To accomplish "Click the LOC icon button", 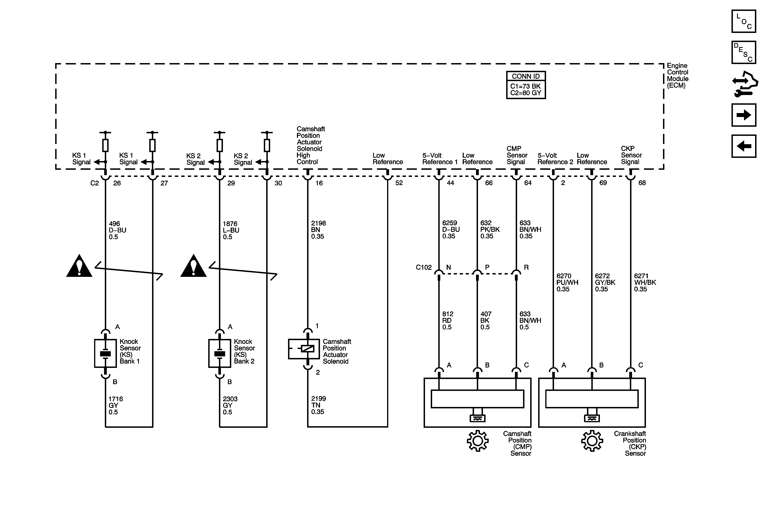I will click(744, 21).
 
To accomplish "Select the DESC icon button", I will click(744, 52).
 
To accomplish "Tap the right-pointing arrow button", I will click(744, 115).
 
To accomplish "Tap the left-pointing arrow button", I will click(744, 146).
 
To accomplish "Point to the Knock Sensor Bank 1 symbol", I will click(105, 353).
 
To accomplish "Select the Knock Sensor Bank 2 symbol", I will click(219, 353).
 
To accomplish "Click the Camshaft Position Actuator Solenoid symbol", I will click(304, 349).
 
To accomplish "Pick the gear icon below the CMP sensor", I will click(477, 441).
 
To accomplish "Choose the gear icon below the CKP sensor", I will click(592, 441).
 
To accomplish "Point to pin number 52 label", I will click(399, 183).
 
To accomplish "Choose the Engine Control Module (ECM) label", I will click(677, 75).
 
